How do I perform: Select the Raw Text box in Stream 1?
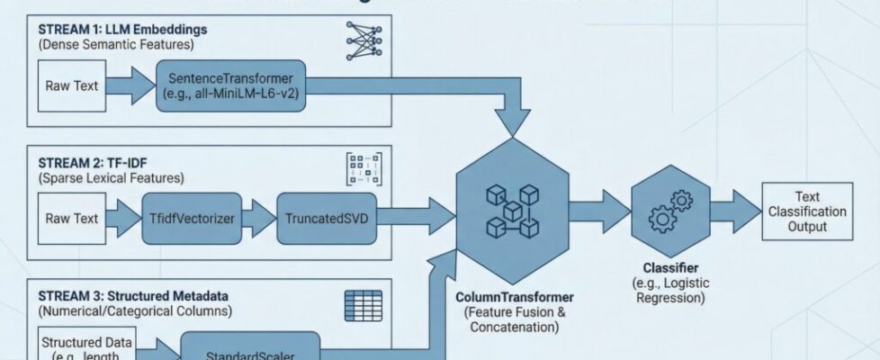pyautogui.click(x=72, y=86)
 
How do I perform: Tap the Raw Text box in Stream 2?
pyautogui.click(x=72, y=219)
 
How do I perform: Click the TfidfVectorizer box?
pyautogui.click(x=192, y=219)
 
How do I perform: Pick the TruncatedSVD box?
pyautogui.click(x=322, y=219)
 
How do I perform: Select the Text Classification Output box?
pyautogui.click(x=807, y=211)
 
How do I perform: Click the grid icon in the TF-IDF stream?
pyautogui.click(x=364, y=170)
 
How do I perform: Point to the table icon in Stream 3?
pyautogui.click(x=364, y=303)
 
